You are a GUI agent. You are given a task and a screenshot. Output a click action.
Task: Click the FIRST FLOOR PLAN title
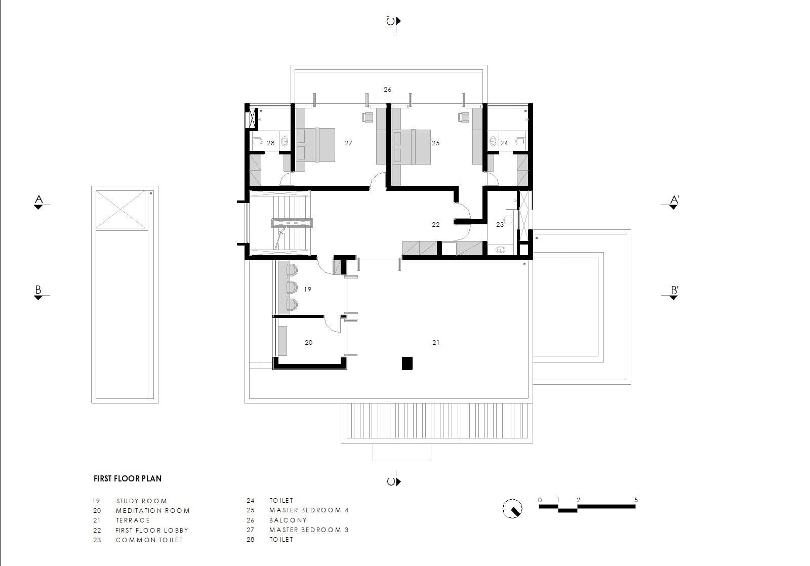pyautogui.click(x=128, y=478)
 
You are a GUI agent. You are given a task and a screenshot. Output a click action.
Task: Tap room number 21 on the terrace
pyautogui.click(x=436, y=343)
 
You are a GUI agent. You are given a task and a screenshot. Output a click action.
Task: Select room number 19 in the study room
pyautogui.click(x=307, y=290)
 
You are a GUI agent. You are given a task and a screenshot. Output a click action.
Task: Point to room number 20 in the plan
pyautogui.click(x=308, y=343)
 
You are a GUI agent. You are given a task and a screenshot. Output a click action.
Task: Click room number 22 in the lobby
pyautogui.click(x=436, y=225)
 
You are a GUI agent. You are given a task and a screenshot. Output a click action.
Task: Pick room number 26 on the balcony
pyautogui.click(x=388, y=89)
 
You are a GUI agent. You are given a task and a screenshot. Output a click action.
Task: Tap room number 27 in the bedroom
pyautogui.click(x=348, y=143)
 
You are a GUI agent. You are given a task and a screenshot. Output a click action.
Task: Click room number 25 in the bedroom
pyautogui.click(x=436, y=143)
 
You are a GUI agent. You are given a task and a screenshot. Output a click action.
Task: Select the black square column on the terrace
pyautogui.click(x=407, y=363)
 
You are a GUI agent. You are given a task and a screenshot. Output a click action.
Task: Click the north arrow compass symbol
pyautogui.click(x=512, y=508)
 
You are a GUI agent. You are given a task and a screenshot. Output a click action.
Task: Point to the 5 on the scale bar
pyautogui.click(x=636, y=500)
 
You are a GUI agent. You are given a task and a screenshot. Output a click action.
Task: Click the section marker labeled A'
pyautogui.click(x=674, y=202)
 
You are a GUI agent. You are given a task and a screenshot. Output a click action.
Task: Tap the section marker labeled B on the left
pyautogui.click(x=38, y=293)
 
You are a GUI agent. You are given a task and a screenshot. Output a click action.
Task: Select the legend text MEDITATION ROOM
pyautogui.click(x=153, y=511)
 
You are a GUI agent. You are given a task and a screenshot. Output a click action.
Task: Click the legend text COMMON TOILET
pyautogui.click(x=149, y=540)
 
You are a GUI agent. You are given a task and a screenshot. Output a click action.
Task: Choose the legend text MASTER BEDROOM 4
pyautogui.click(x=309, y=510)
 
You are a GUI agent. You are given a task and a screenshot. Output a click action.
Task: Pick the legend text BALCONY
pyautogui.click(x=288, y=520)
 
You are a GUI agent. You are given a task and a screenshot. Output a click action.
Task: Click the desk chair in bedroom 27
pyautogui.click(x=368, y=117)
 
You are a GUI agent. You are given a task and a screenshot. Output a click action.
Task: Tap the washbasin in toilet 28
pyautogui.click(x=285, y=141)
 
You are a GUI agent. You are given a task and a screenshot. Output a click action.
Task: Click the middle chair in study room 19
pyautogui.click(x=292, y=288)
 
